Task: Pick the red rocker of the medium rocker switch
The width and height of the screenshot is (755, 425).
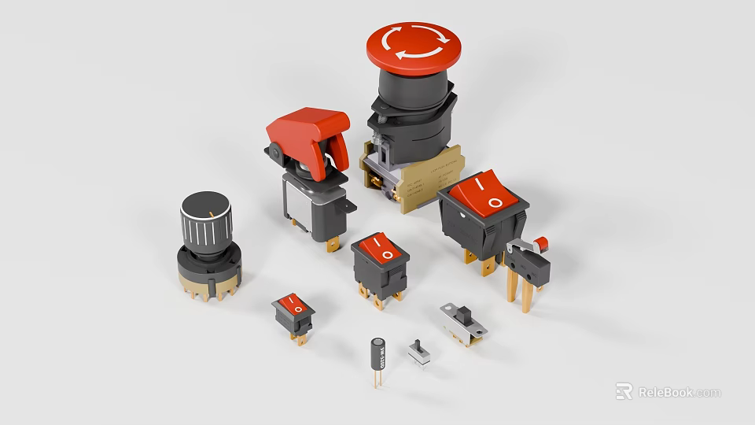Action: pyautogui.click(x=383, y=250)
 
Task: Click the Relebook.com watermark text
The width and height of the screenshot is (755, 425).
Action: pyautogui.click(x=679, y=392)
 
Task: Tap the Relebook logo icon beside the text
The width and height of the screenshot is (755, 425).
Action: pyautogui.click(x=624, y=391)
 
